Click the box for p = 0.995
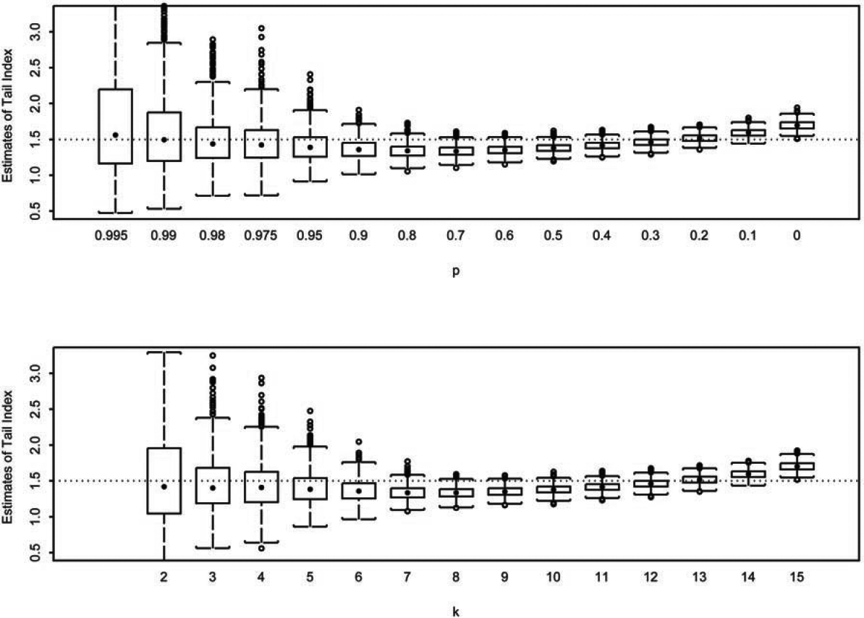(115, 126)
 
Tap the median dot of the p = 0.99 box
(164, 140)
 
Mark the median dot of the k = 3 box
(213, 488)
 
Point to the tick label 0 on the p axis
(796, 234)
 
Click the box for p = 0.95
(310, 146)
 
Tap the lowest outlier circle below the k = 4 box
(261, 549)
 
